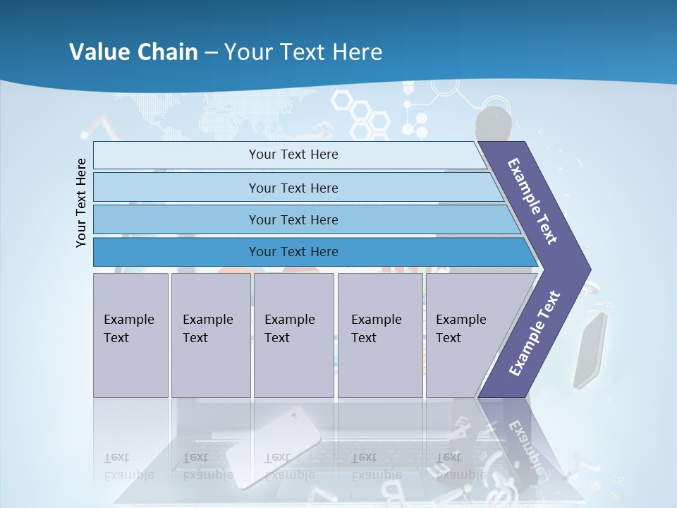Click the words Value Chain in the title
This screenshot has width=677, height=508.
pyautogui.click(x=133, y=52)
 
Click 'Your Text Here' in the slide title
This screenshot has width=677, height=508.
pyautogui.click(x=303, y=52)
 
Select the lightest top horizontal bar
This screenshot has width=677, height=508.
pyautogui.click(x=293, y=155)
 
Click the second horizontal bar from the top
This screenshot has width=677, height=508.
pyautogui.click(x=293, y=188)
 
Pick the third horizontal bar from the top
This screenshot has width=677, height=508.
pyautogui.click(x=293, y=219)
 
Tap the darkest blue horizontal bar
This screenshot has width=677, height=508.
pyautogui.click(x=293, y=252)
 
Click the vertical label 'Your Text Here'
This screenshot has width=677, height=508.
pyautogui.click(x=81, y=202)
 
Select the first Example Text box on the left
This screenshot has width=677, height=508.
pyautogui.click(x=130, y=334)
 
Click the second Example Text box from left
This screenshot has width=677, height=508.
pyautogui.click(x=210, y=334)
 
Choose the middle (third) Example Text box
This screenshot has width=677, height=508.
pyautogui.click(x=293, y=334)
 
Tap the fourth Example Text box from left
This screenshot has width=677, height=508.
pyautogui.click(x=379, y=334)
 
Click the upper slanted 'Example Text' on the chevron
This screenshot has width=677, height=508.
pyautogui.click(x=532, y=201)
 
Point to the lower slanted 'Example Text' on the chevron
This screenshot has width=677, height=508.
pyautogui.click(x=534, y=334)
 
